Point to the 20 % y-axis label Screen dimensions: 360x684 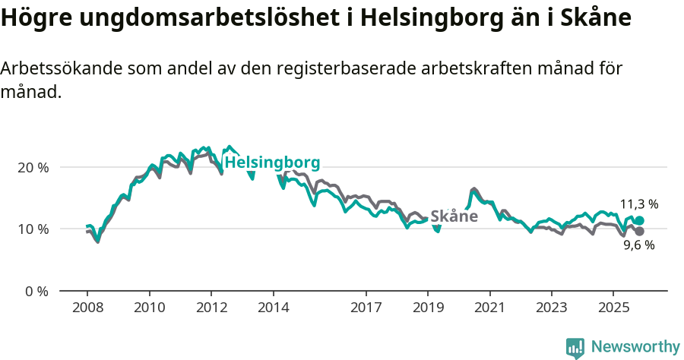pyautogui.click(x=32, y=167)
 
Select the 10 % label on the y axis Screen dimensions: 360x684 pyautogui.click(x=32, y=229)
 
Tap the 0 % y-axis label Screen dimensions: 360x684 pyautogui.click(x=35, y=291)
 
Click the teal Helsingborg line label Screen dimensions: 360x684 pyautogui.click(x=273, y=163)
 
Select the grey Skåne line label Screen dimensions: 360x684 pyautogui.click(x=454, y=216)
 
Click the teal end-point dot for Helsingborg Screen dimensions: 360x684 pyautogui.click(x=639, y=221)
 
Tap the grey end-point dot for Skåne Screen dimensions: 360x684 pyautogui.click(x=639, y=231)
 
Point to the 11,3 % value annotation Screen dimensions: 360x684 pyautogui.click(x=638, y=204)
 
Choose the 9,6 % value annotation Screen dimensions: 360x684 pyautogui.click(x=638, y=245)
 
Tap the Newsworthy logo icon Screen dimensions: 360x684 pyautogui.click(x=575, y=348)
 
